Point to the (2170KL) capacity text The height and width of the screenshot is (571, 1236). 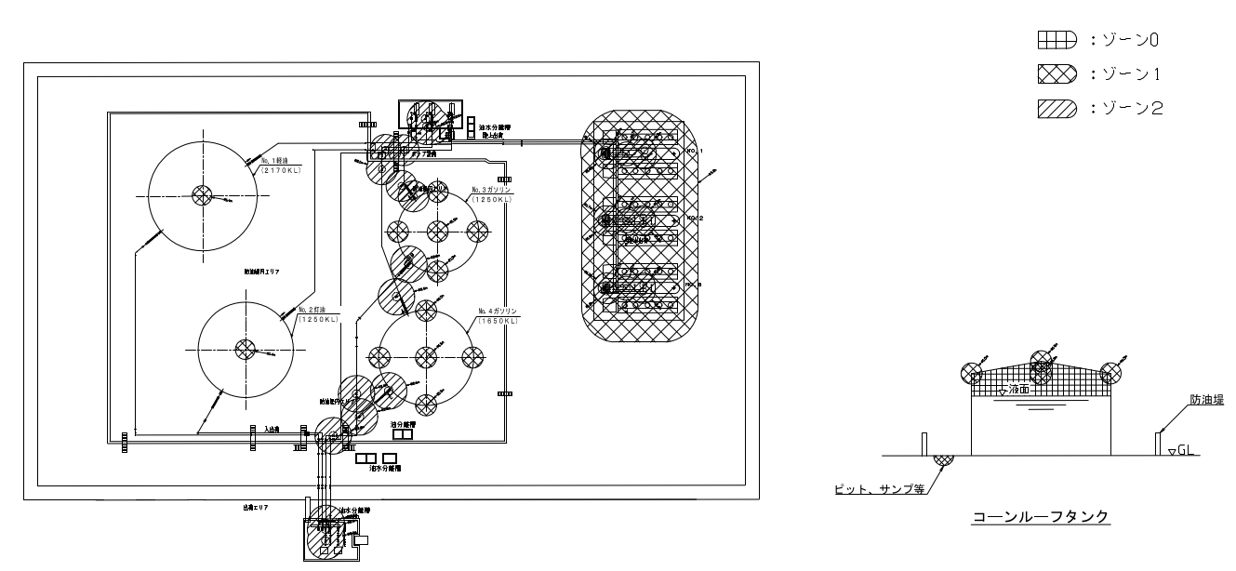tap(278, 171)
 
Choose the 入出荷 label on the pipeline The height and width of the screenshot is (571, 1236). tap(272, 429)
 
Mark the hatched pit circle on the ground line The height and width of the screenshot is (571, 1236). tap(943, 457)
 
